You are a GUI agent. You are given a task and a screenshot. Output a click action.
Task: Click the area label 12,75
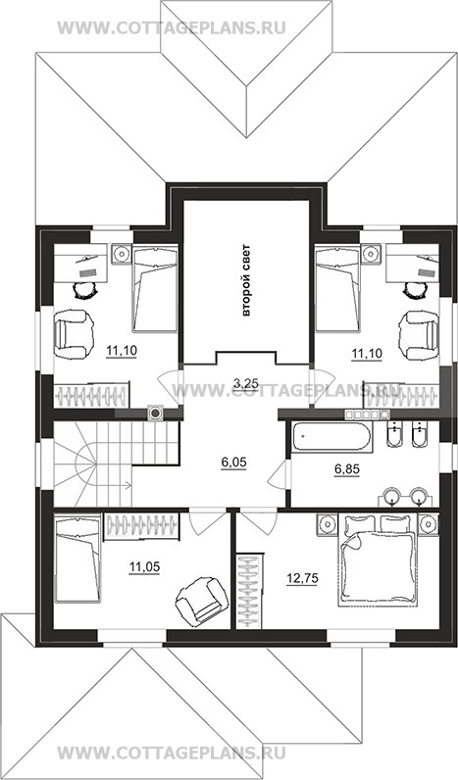[302, 578]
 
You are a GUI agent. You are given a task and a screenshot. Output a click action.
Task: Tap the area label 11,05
[144, 566]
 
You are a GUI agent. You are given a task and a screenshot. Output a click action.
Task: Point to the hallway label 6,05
[234, 463]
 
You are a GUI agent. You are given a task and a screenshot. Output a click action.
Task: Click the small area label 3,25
[245, 382]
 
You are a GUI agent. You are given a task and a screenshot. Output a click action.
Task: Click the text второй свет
[246, 281]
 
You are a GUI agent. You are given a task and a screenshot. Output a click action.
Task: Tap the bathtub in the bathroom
[331, 438]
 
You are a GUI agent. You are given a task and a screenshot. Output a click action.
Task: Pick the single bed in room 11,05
[77, 559]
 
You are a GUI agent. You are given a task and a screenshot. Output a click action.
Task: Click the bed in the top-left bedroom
[155, 288]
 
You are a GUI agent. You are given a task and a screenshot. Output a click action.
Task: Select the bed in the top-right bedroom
[337, 288]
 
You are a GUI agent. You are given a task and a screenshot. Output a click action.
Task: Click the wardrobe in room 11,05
[142, 526]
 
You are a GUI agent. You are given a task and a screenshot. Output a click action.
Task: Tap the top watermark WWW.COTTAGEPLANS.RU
[173, 27]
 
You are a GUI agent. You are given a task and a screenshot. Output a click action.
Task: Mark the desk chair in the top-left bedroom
[85, 289]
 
